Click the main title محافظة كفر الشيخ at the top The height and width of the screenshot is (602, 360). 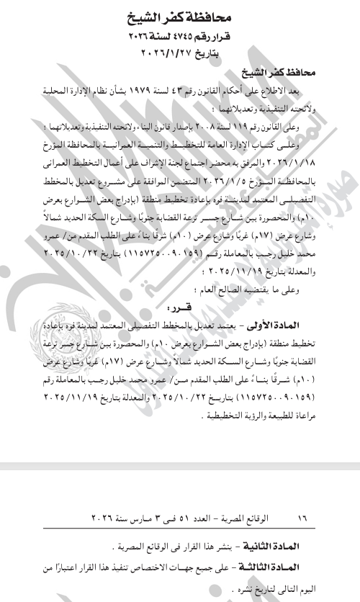point(181,14)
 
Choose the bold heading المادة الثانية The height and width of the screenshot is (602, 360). point(308,539)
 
